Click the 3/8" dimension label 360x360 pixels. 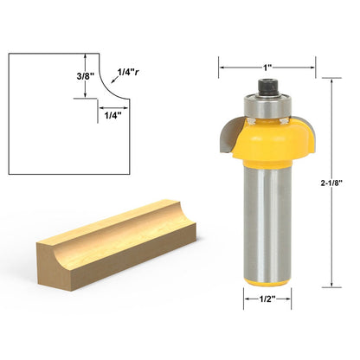tap(86, 76)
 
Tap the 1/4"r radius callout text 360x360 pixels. tap(128, 72)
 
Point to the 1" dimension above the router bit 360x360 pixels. tap(267, 67)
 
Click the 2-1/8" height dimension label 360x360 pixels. tap(331, 183)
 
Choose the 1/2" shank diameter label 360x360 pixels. tap(267, 299)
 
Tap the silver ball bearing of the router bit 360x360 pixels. tap(268, 106)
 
